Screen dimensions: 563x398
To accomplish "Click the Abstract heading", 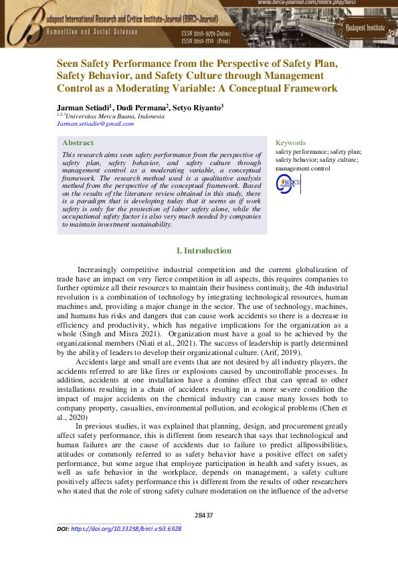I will [78, 142].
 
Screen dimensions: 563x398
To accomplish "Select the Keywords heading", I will [290, 142].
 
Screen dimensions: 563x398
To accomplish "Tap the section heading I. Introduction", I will [203, 251].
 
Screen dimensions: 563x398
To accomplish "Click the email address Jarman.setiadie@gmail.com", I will [96, 124].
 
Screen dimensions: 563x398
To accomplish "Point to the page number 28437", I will [204, 515].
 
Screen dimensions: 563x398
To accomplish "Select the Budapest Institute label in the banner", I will [365, 28].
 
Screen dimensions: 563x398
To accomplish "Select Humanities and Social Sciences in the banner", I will [92, 31].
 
